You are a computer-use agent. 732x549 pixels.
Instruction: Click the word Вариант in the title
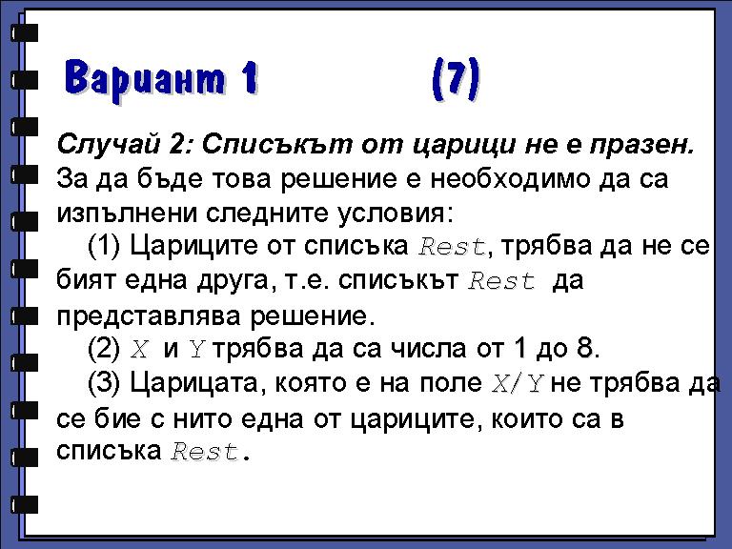(145, 78)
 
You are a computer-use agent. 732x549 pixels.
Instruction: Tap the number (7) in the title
(456, 78)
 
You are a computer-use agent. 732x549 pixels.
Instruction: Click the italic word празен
(641, 146)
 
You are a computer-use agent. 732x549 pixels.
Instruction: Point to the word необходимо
(510, 178)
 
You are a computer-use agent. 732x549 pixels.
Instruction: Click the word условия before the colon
(391, 213)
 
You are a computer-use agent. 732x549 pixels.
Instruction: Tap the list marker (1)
(104, 246)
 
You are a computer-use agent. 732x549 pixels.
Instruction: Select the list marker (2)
(104, 348)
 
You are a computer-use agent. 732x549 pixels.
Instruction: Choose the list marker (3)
(104, 382)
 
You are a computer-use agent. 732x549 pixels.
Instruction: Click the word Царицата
(194, 383)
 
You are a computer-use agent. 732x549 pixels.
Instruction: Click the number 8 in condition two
(585, 348)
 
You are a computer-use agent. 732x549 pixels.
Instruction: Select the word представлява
(149, 316)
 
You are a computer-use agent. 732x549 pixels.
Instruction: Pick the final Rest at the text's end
(205, 452)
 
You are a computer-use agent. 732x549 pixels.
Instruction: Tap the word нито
(202, 418)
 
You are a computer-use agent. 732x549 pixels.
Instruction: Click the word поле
(451, 383)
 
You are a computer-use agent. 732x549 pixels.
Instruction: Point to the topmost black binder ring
(24, 33)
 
